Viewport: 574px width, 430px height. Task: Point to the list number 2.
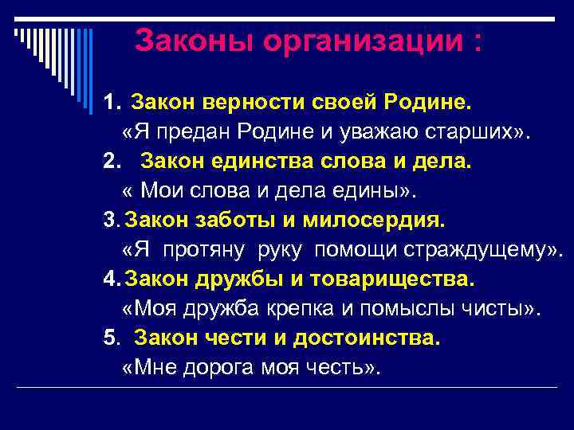click(x=110, y=162)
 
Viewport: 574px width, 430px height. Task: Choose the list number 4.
click(x=110, y=279)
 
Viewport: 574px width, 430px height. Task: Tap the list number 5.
click(x=110, y=338)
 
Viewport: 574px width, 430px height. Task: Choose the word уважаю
click(x=346, y=132)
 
